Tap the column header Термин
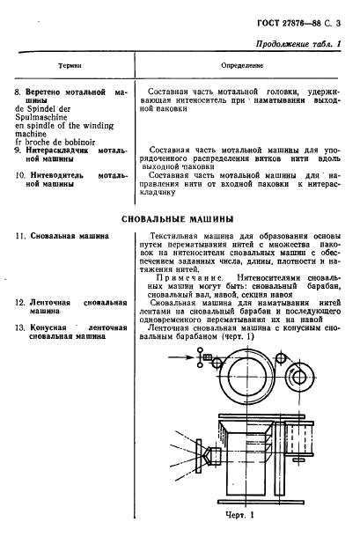70,65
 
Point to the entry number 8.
20,92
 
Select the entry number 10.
22,175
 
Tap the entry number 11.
22,236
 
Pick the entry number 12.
22,302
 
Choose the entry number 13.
22,327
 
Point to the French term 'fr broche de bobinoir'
55,142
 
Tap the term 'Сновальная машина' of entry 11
70,236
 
